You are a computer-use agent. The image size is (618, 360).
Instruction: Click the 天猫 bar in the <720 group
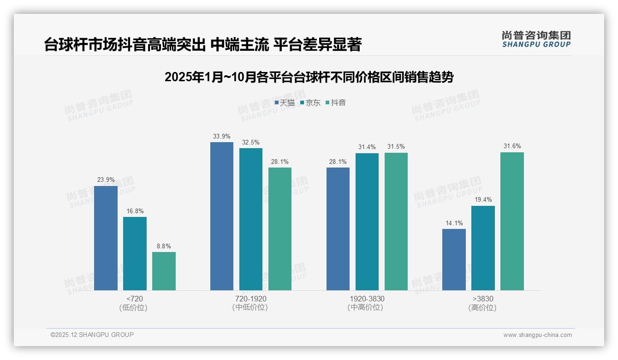[106, 238]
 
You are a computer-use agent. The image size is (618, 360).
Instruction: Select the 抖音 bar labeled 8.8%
[164, 271]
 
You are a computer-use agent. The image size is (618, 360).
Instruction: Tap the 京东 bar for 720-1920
[250, 219]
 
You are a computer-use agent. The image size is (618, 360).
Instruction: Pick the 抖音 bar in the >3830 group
[512, 221]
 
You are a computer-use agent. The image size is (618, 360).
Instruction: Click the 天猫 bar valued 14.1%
[454, 259]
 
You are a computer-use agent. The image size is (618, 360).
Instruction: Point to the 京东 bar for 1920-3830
[367, 222]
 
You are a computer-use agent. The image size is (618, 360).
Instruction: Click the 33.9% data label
[222, 136]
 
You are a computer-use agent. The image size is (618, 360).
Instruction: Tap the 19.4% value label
[483, 200]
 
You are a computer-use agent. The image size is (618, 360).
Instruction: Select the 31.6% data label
[512, 146]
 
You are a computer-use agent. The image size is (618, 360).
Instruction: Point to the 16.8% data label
[135, 211]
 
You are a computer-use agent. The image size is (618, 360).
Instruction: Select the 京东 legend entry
[310, 103]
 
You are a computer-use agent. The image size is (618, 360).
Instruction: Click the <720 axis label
[135, 299]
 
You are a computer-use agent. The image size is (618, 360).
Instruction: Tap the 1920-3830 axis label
[367, 299]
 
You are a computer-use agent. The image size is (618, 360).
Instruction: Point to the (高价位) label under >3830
[482, 307]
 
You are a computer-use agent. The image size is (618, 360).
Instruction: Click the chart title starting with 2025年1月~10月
[309, 77]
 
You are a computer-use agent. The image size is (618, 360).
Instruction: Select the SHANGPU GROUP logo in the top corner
[536, 39]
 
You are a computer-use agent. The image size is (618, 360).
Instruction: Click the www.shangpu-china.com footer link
[537, 335]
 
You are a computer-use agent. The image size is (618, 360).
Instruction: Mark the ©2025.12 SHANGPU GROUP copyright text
[92, 335]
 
